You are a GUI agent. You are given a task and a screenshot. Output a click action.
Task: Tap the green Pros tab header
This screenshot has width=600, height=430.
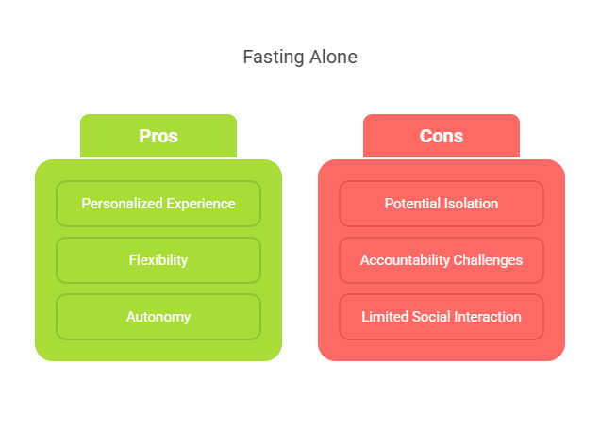158,136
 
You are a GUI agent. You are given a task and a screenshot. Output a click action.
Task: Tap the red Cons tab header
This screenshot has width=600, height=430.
442,136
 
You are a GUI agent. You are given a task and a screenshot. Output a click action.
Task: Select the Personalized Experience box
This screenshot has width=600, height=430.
158,204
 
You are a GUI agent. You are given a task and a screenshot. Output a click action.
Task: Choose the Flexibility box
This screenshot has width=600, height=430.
158,260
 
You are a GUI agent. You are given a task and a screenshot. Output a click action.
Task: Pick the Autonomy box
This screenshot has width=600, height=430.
158,317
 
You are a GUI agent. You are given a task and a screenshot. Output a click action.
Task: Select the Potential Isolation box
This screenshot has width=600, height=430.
442,204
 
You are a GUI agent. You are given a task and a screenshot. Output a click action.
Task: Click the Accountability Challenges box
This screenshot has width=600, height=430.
442,260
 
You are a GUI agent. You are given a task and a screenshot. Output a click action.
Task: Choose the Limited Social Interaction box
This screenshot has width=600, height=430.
442,317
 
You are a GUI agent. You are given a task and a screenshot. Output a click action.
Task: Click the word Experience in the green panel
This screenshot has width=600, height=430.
199,204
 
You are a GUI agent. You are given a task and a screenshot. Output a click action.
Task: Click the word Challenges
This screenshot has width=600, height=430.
490,260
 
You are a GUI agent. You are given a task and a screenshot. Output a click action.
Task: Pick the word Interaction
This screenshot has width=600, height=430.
489,317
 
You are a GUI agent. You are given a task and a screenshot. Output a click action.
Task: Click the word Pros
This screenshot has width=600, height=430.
158,136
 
